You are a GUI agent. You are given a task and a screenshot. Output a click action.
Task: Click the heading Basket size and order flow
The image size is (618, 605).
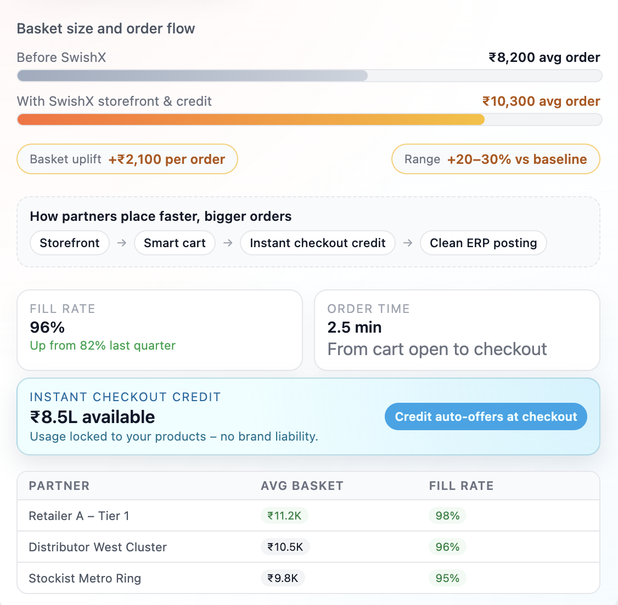(106, 28)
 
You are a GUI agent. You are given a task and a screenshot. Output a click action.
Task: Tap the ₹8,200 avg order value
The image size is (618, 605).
(544, 58)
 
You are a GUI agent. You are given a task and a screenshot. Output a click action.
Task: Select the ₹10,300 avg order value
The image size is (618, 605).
(541, 101)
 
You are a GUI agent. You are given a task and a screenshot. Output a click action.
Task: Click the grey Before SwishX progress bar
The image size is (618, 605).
(192, 76)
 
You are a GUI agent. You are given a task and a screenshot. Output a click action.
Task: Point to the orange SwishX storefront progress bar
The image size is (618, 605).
(251, 119)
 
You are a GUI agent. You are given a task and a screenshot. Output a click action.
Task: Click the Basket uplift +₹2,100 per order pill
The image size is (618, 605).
(127, 159)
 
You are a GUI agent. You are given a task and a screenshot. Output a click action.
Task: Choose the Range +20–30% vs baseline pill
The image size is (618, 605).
(495, 159)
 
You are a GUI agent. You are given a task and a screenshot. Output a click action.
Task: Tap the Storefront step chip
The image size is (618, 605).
(70, 243)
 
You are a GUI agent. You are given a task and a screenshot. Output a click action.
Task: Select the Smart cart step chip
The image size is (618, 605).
(175, 243)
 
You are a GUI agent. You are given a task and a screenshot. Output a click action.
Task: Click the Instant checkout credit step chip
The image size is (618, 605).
(318, 243)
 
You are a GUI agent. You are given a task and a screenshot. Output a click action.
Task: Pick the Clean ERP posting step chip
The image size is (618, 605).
(483, 243)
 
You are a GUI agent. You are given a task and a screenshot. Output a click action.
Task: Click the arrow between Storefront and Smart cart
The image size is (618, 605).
(122, 243)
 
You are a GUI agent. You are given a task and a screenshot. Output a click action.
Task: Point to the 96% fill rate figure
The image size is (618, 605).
(47, 327)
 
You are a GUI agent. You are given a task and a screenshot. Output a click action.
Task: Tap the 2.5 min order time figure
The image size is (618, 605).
(354, 327)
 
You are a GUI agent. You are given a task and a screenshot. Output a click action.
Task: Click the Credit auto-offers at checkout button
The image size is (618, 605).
(486, 417)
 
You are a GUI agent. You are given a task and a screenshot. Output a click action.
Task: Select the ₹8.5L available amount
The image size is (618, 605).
(92, 417)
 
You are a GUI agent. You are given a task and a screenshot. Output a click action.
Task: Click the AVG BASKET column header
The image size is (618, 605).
(302, 486)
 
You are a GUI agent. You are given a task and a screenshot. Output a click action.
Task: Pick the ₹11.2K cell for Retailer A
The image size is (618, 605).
(284, 516)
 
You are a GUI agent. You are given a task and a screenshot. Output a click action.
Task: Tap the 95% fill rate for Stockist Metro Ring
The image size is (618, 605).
(447, 578)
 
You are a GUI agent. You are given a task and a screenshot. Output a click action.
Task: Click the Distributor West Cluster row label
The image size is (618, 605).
(98, 547)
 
